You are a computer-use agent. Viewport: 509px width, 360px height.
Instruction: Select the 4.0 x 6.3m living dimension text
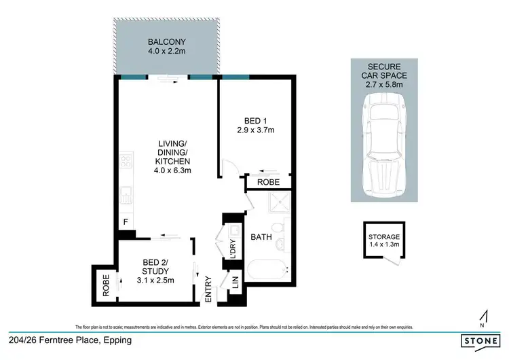tap(174, 170)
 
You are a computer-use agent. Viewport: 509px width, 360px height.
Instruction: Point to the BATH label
tap(261, 238)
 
